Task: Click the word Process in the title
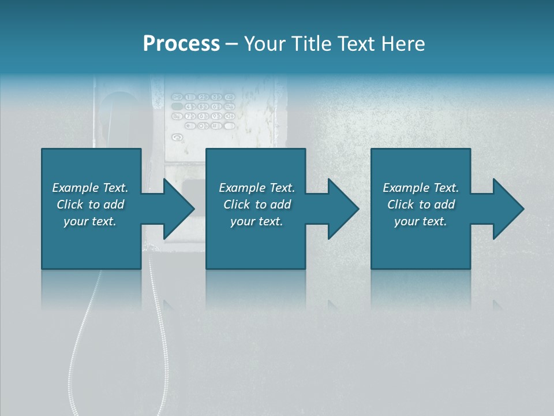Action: point(181,44)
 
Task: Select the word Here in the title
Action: point(403,44)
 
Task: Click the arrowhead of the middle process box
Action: point(342,209)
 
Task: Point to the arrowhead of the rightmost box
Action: point(507,209)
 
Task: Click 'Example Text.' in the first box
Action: point(90,188)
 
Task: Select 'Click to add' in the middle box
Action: point(257,205)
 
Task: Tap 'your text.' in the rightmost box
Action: point(421,221)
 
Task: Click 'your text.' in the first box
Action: point(90,221)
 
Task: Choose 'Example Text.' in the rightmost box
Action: point(421,188)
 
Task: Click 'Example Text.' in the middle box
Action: point(257,188)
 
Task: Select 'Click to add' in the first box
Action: point(90,205)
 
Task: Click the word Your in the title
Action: point(265,44)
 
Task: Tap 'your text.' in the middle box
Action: point(257,221)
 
